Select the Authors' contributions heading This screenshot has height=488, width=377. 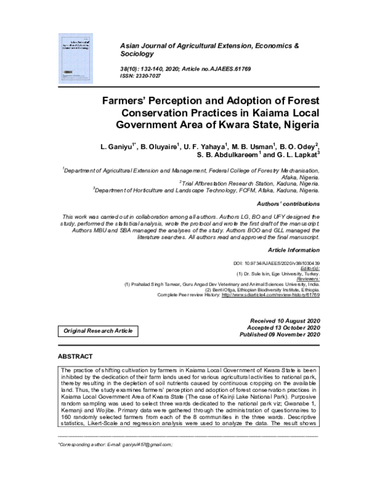pyautogui.click(x=289, y=204)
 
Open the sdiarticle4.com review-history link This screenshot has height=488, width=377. pyautogui.click(x=270, y=294)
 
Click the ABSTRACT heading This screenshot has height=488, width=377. pyautogui.click(x=75, y=357)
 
